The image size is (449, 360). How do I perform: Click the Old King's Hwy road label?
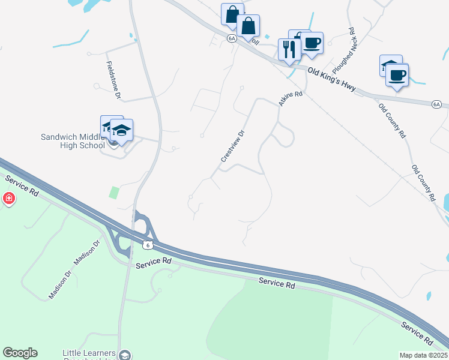tap(332, 81)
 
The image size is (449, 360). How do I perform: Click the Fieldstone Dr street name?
tap(113, 79)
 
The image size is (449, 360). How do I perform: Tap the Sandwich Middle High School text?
tap(71, 140)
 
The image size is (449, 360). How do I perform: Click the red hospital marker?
tap(8, 198)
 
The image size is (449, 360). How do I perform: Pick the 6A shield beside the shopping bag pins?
tap(231, 38)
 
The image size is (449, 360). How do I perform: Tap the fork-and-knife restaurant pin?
tap(289, 49)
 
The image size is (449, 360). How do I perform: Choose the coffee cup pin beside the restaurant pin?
tap(312, 43)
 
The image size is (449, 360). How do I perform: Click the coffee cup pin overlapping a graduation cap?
tap(397, 75)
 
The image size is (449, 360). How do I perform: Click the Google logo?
tap(20, 353)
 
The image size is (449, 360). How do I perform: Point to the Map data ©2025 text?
tap(423, 355)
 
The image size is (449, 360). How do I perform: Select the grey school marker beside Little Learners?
tap(125, 355)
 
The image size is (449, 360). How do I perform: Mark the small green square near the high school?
tap(113, 193)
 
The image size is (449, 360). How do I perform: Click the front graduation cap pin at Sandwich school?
tap(121, 130)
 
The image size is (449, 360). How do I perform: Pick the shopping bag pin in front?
tap(248, 26)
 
